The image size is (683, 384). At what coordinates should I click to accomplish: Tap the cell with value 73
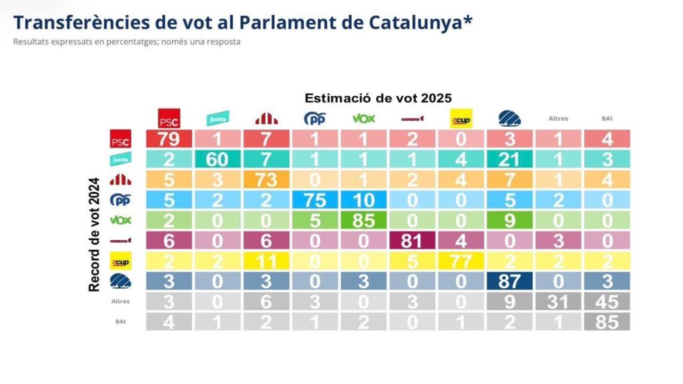click(267, 179)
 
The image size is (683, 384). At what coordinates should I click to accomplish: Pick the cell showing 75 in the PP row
click(315, 199)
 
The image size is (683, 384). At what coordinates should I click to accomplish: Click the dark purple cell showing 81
click(414, 240)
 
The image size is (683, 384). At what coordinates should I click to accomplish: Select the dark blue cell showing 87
click(510, 281)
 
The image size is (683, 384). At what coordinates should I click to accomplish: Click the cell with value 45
click(606, 301)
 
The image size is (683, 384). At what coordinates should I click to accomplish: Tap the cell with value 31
click(558, 301)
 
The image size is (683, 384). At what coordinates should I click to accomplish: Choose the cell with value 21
click(510, 159)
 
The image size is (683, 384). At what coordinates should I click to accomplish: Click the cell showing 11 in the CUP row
click(267, 260)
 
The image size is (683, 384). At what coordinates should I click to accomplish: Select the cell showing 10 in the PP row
click(364, 199)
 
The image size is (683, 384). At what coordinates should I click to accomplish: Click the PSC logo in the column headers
click(169, 119)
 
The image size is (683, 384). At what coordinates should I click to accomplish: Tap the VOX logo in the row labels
click(121, 219)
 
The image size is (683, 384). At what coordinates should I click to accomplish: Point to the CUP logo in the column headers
click(461, 119)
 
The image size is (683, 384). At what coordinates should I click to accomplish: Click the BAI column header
click(606, 119)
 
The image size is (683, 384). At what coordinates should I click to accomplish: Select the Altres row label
click(121, 301)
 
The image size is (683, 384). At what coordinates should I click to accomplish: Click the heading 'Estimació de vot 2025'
click(378, 98)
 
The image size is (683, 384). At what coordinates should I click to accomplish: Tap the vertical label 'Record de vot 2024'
click(94, 233)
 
